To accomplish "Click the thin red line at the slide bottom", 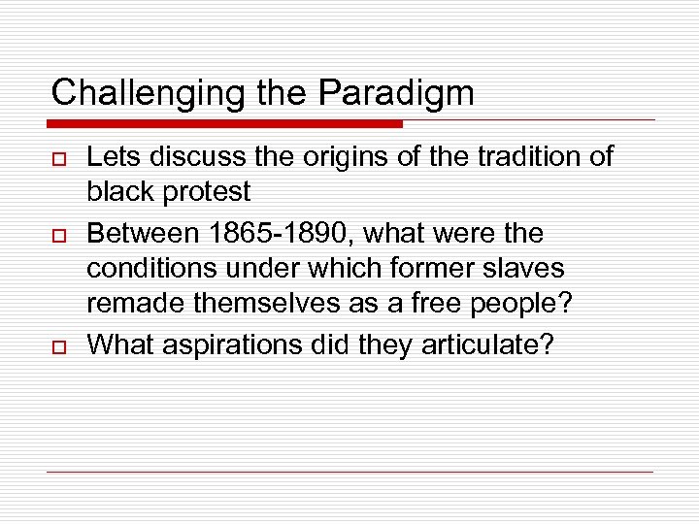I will pyautogui.click(x=349, y=473).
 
